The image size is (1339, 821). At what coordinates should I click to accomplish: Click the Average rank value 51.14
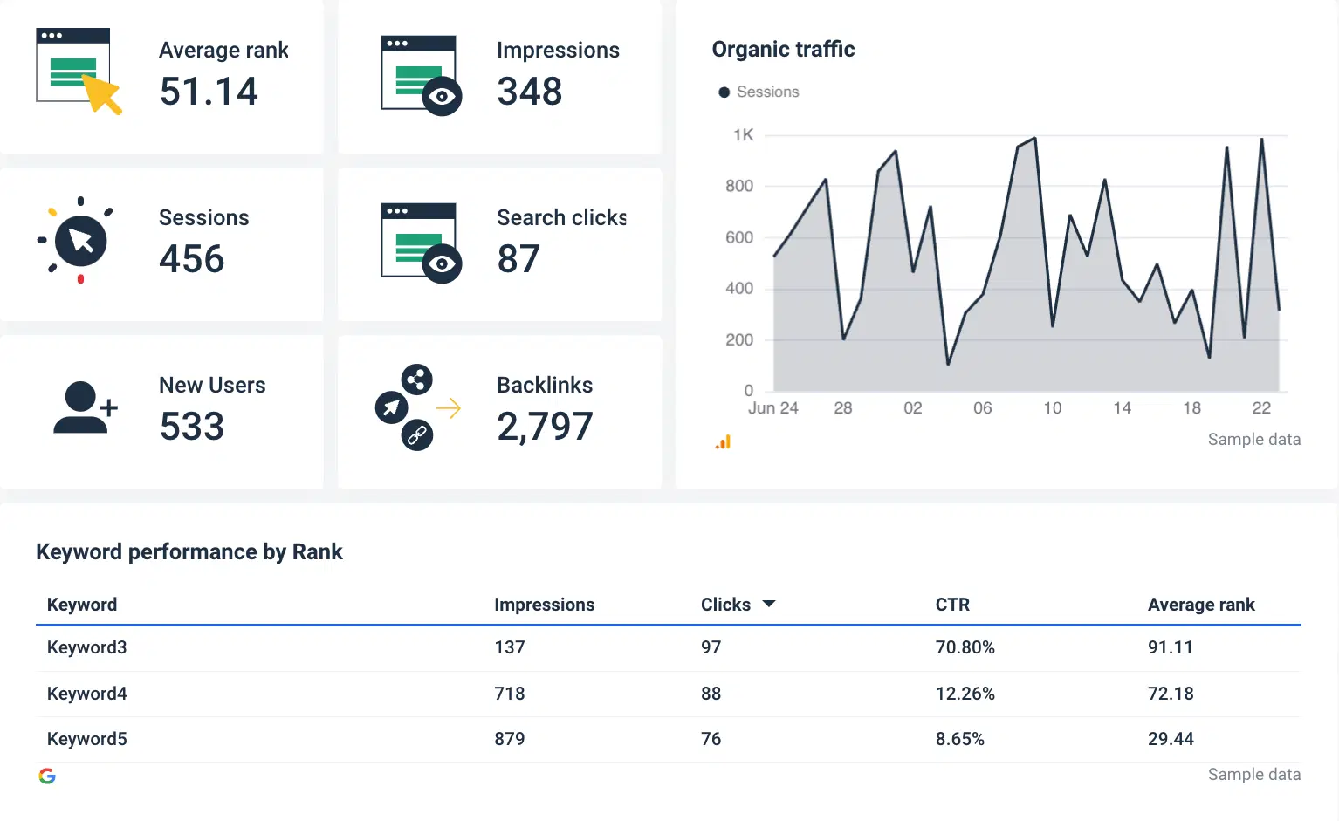(x=209, y=92)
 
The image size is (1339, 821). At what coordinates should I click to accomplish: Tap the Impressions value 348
(x=529, y=92)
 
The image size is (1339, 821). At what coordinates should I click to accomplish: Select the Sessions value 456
(x=192, y=259)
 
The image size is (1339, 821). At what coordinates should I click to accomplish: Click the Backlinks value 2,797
(x=545, y=427)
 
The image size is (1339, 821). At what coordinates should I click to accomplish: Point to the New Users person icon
(x=82, y=407)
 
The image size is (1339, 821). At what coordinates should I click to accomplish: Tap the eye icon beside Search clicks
(x=442, y=263)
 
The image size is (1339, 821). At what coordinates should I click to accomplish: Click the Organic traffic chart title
(x=783, y=50)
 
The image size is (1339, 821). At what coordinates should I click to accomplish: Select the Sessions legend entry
(x=759, y=92)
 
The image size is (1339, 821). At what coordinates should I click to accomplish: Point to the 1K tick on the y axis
(x=743, y=135)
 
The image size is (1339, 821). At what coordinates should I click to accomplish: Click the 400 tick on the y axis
(x=739, y=289)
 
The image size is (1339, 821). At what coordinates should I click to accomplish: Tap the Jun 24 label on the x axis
(x=772, y=408)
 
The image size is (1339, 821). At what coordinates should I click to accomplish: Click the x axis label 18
(x=1191, y=408)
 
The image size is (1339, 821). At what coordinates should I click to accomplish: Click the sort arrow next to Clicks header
(x=769, y=604)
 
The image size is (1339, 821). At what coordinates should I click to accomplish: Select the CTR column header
(x=952, y=605)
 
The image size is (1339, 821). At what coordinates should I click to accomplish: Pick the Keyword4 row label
(x=86, y=694)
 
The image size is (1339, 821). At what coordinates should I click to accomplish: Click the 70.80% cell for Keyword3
(x=965, y=647)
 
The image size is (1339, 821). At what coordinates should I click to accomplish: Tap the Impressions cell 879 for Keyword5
(x=509, y=739)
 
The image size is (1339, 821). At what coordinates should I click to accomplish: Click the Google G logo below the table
(x=47, y=776)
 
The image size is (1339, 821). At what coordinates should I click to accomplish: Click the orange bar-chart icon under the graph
(x=723, y=442)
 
